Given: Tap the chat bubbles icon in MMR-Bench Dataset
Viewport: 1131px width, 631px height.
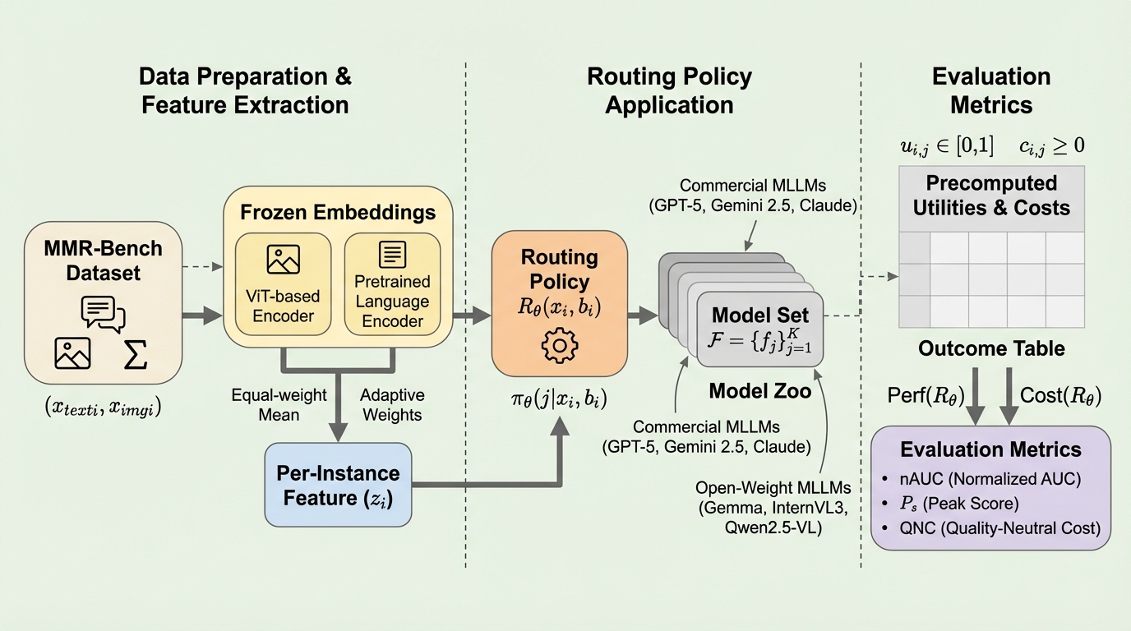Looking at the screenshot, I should coord(103,313).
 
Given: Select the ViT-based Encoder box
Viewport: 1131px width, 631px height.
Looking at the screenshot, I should coord(282,283).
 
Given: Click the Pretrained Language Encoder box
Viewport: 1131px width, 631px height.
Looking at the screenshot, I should coord(392,283).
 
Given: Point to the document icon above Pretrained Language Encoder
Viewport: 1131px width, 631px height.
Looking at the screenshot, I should coord(392,255).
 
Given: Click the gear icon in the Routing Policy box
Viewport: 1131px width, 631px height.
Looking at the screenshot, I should coord(558,346).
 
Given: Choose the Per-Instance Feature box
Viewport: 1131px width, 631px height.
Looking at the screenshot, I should coord(338,484).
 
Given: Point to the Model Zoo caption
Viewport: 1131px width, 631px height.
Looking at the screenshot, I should coord(759,391).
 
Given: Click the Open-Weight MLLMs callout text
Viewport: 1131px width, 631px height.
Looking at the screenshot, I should coord(761,509).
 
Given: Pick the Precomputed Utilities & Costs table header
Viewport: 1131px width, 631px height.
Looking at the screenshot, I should coord(991,196).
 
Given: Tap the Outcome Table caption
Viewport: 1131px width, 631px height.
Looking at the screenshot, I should coord(991,348).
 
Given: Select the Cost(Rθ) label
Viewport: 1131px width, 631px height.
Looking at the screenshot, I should coord(1059,395).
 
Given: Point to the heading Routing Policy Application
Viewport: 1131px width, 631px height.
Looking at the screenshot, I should coord(669,90).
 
